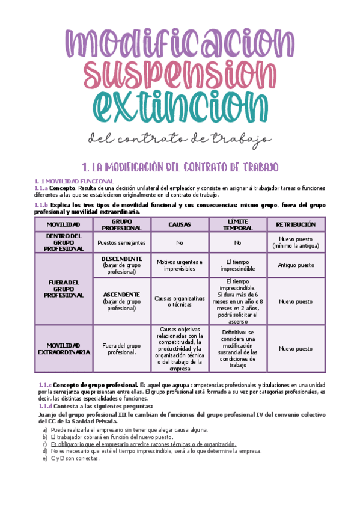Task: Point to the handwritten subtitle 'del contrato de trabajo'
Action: (179, 140)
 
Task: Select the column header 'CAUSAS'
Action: (180, 224)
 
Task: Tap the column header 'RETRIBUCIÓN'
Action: (295, 224)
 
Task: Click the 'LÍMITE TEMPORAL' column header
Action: (237, 224)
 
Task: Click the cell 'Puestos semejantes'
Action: (121, 242)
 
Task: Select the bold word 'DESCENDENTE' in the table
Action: (122, 259)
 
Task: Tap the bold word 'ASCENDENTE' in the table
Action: (122, 295)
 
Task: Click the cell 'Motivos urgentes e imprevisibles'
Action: (180, 265)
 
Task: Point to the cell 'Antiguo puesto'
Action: (295, 265)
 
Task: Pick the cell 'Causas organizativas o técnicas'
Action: (180, 301)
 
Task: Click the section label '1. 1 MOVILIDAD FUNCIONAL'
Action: (74, 181)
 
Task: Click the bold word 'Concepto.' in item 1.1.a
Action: (63, 188)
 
